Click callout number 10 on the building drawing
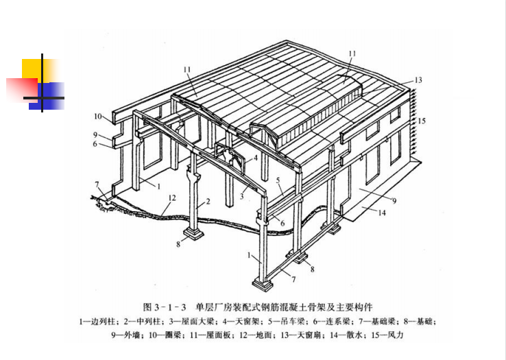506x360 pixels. pyautogui.click(x=97, y=116)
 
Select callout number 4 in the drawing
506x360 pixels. pyautogui.click(x=256, y=157)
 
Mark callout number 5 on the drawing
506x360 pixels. pyautogui.click(x=279, y=180)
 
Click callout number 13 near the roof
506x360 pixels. pyautogui.click(x=418, y=81)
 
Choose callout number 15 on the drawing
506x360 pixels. pyautogui.click(x=422, y=121)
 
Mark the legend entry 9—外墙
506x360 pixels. pyautogui.click(x=124, y=336)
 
